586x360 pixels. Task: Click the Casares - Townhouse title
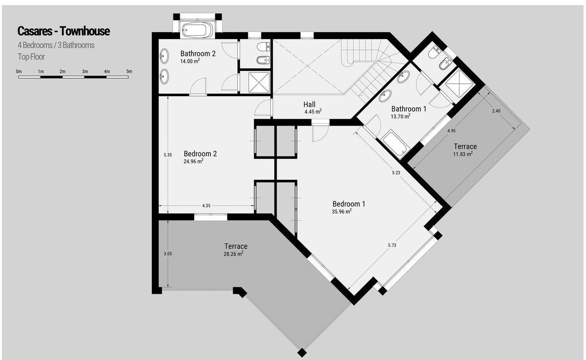(63, 31)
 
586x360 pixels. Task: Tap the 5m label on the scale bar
(129, 71)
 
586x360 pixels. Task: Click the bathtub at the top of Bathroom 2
(197, 30)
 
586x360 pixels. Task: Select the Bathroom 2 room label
(198, 54)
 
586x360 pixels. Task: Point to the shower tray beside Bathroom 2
(259, 83)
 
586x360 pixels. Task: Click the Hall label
(309, 105)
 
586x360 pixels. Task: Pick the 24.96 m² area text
(193, 161)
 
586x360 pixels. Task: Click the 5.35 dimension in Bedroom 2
(167, 155)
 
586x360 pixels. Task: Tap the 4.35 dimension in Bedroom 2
(206, 206)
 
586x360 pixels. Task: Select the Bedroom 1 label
(349, 204)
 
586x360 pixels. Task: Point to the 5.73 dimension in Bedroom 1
(392, 245)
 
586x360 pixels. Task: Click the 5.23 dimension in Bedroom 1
(396, 173)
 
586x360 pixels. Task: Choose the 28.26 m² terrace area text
(233, 254)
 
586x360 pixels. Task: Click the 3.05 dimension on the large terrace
(167, 254)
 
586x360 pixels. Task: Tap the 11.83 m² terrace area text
(463, 154)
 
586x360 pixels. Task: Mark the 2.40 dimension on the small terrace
(496, 111)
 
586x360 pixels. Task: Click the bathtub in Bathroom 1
(395, 145)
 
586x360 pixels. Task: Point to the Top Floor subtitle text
(31, 57)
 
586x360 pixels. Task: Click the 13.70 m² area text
(400, 116)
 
